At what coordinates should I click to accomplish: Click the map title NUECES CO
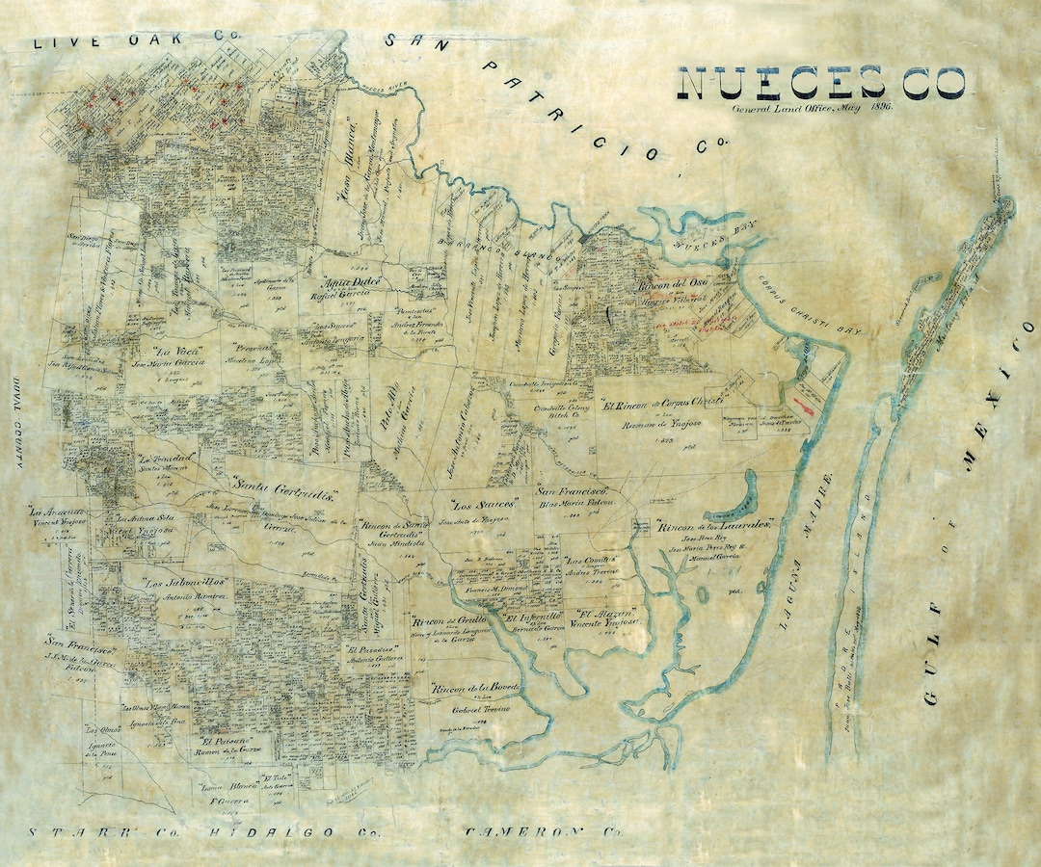point(824,84)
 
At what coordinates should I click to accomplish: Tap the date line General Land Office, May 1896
point(813,109)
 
